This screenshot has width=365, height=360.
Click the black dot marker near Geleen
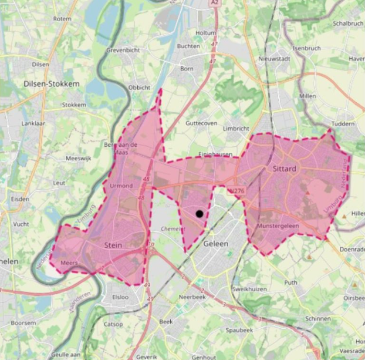coord(200,214)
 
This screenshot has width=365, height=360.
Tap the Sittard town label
coord(284,169)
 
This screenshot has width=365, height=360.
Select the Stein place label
coord(113,245)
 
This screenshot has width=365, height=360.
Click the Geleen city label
coord(215,244)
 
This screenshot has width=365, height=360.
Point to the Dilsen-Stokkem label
coord(52,84)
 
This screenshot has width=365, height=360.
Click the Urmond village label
coord(121,186)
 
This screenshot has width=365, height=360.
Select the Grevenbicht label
coord(123,51)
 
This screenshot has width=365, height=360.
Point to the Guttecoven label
coord(201,123)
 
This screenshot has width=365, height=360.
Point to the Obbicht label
coord(140,87)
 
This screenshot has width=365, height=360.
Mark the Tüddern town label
coord(343,124)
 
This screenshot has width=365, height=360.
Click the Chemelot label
coord(173,228)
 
